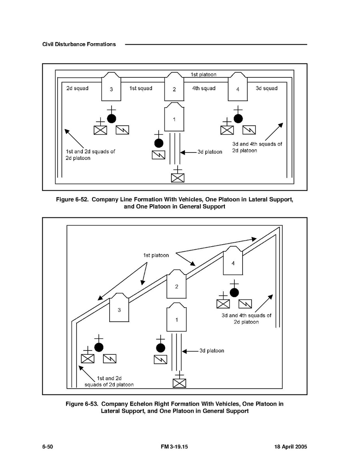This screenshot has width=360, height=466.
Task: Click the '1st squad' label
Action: click(141, 88)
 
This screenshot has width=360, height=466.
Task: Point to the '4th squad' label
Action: click(204, 88)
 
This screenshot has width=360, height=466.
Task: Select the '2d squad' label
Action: click(77, 88)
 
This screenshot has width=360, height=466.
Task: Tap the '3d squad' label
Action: click(267, 88)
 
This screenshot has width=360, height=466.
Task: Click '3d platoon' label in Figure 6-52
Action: click(210, 152)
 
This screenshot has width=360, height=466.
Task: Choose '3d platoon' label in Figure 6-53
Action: click(212, 350)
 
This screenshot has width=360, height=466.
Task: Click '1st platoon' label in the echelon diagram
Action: click(156, 256)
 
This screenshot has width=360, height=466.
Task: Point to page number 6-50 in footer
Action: click(47, 447)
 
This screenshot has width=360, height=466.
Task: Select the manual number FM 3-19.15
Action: click(174, 447)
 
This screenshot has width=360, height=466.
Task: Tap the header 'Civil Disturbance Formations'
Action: click(79, 44)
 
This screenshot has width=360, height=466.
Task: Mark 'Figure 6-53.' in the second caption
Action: click(82, 404)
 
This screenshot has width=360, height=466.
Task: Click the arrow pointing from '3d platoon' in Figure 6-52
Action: click(188, 152)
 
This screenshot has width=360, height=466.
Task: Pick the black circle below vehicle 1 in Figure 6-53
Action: click(160, 347)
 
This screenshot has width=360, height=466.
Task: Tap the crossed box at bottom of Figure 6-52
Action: click(178, 178)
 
